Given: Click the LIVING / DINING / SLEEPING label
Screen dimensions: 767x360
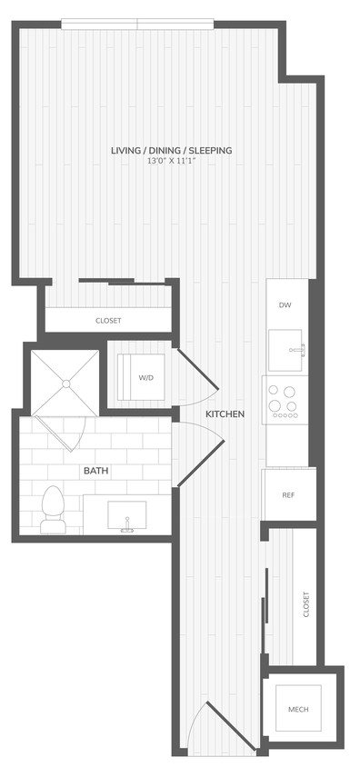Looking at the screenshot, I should click(x=171, y=150).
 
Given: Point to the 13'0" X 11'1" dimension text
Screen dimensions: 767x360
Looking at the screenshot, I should click(x=171, y=161).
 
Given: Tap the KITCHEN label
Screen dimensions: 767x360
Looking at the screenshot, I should click(x=224, y=414).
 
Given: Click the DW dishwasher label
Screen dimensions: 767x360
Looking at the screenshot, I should click(x=285, y=305).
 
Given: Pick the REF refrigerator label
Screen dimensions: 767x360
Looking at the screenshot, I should click(x=287, y=495).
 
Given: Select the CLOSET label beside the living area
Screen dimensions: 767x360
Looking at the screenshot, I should click(x=108, y=321).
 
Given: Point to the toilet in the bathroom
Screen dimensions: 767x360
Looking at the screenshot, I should click(x=53, y=510).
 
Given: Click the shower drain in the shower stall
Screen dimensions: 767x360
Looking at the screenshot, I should click(x=65, y=383).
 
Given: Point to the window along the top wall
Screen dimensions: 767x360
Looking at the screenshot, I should click(x=138, y=23).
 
